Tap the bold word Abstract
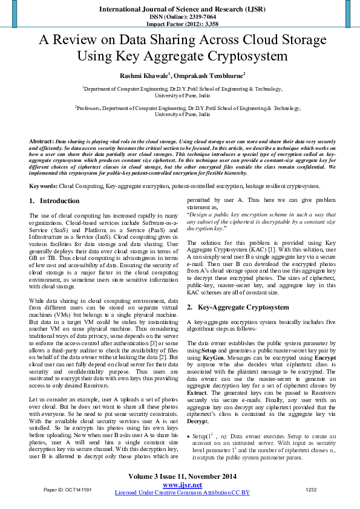point(41,141)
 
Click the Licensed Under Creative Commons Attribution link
point(182,493)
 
